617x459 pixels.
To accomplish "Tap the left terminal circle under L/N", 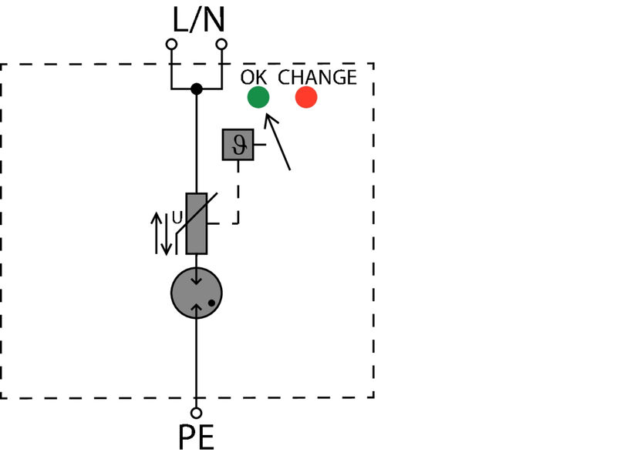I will [x=171, y=45].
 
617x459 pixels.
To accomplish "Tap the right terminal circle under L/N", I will [x=222, y=45].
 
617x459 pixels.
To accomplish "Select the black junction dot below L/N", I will [x=197, y=89].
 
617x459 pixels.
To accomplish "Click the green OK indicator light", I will [x=258, y=97].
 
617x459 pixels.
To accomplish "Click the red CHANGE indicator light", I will [x=306, y=97].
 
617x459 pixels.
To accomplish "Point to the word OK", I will [x=254, y=78].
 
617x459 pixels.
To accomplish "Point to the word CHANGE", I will [x=317, y=78].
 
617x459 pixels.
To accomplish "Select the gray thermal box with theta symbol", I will [x=238, y=145].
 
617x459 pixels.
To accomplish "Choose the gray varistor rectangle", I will [x=197, y=223].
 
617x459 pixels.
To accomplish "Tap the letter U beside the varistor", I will [x=177, y=218].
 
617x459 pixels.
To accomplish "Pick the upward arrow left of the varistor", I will [x=157, y=231].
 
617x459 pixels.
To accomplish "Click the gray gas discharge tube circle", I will [x=197, y=293].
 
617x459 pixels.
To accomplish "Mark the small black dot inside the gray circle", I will [x=211, y=303].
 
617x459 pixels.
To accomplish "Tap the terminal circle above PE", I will [x=197, y=413].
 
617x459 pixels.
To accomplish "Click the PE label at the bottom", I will [x=197, y=438].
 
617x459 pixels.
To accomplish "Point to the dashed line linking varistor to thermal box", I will [x=238, y=200].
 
